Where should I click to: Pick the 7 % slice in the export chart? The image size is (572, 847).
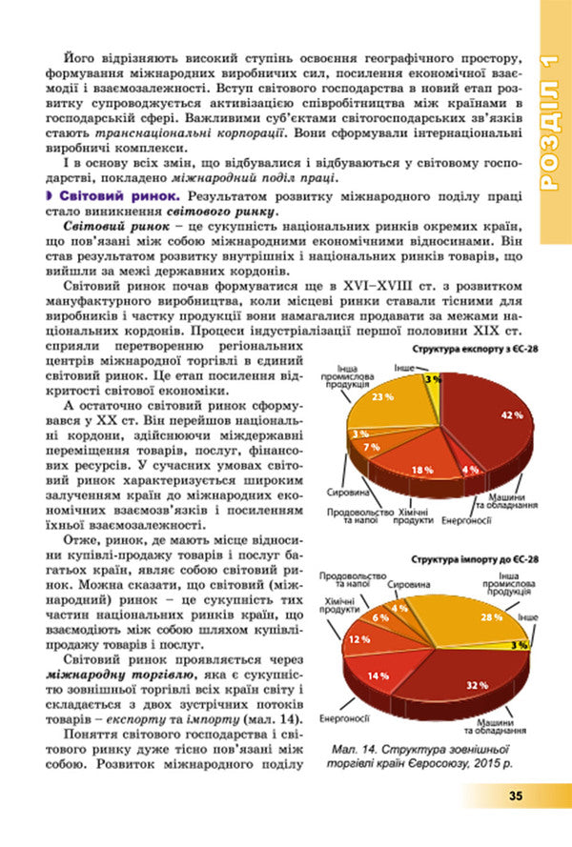372,446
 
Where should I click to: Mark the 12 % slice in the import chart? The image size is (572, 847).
360,639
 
